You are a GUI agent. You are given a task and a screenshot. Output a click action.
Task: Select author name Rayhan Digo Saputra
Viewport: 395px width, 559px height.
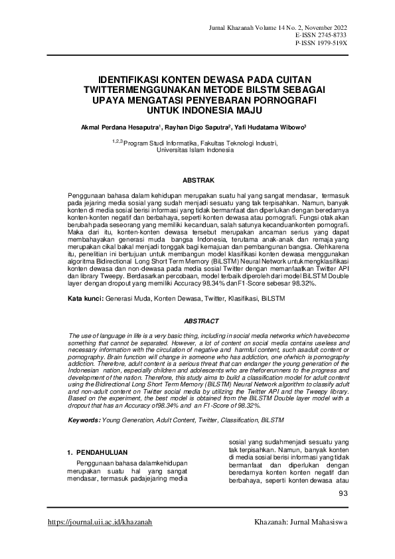pyautogui.click(x=193, y=125)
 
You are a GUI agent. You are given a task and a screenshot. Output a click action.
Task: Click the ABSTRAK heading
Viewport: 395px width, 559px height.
pyautogui.click(x=198, y=180)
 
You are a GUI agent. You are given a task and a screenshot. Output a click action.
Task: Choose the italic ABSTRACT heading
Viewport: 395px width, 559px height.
pyautogui.click(x=198, y=319)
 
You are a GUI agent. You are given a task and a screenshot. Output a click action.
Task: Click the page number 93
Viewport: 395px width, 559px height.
pyautogui.click(x=343, y=493)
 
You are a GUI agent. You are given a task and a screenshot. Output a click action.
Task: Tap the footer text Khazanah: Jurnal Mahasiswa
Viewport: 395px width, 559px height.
pyautogui.click(x=301, y=522)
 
